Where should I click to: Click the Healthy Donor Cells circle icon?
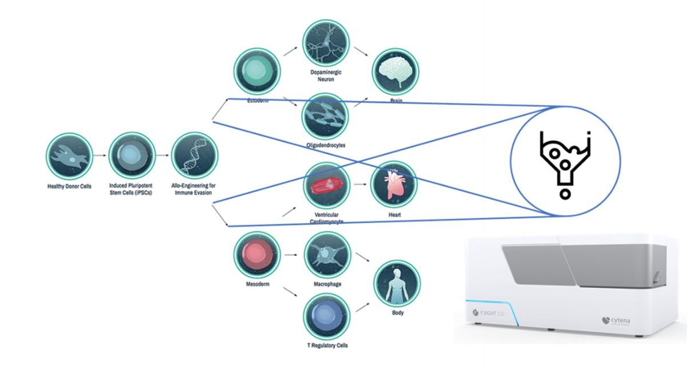pyautogui.click(x=70, y=155)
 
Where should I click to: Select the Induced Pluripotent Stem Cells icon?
pyautogui.click(x=132, y=155)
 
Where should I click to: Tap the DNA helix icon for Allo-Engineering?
pyautogui.click(x=195, y=155)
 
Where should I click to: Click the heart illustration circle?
pyautogui.click(x=394, y=185)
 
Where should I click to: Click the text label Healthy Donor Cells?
pyautogui.click(x=70, y=186)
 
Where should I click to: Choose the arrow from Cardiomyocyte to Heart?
pyautogui.click(x=360, y=185)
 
